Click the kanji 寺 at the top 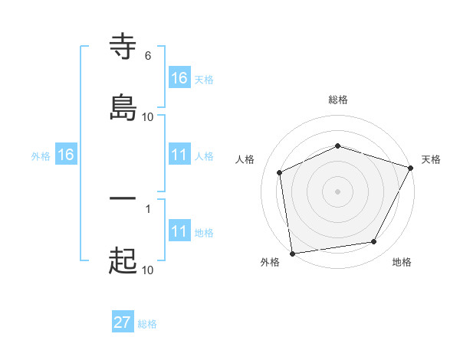[x=123, y=47]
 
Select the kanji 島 [x=123, y=106]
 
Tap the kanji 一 [x=123, y=201]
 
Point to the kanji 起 [x=123, y=260]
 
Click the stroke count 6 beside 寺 [x=147, y=56]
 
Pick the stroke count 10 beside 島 [x=148, y=116]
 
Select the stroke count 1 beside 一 [x=147, y=208]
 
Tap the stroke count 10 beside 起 [x=148, y=270]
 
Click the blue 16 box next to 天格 [x=179, y=78]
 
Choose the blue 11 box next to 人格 [x=179, y=155]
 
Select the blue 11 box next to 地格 [x=179, y=231]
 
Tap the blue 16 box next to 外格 [x=66, y=155]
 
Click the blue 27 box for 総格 [x=123, y=322]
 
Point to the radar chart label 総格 [x=337, y=100]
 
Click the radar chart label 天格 [x=431, y=159]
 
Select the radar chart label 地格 [x=402, y=262]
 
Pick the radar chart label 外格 [x=270, y=262]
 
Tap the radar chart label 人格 [x=245, y=159]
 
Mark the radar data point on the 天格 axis [x=411, y=168]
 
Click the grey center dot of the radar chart [x=337, y=191]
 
